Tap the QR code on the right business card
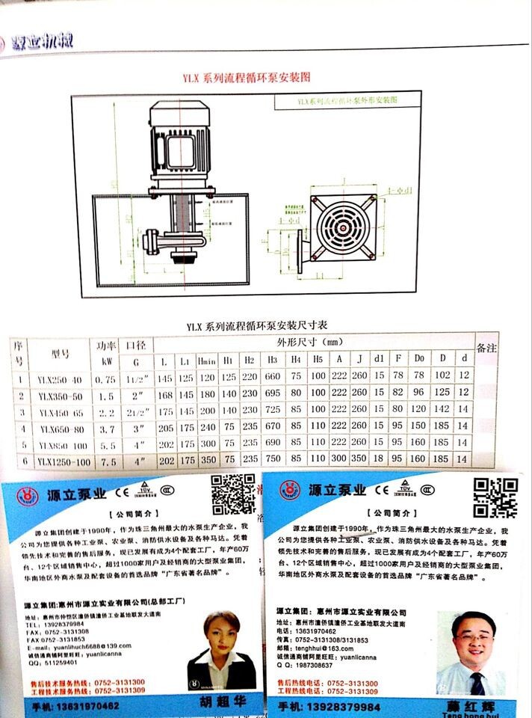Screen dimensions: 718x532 click(497, 497)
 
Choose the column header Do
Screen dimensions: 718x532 click(419, 362)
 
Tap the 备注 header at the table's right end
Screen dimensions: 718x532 click(486, 349)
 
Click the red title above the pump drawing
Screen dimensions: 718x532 click(247, 77)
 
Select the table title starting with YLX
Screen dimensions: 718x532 click(256, 326)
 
